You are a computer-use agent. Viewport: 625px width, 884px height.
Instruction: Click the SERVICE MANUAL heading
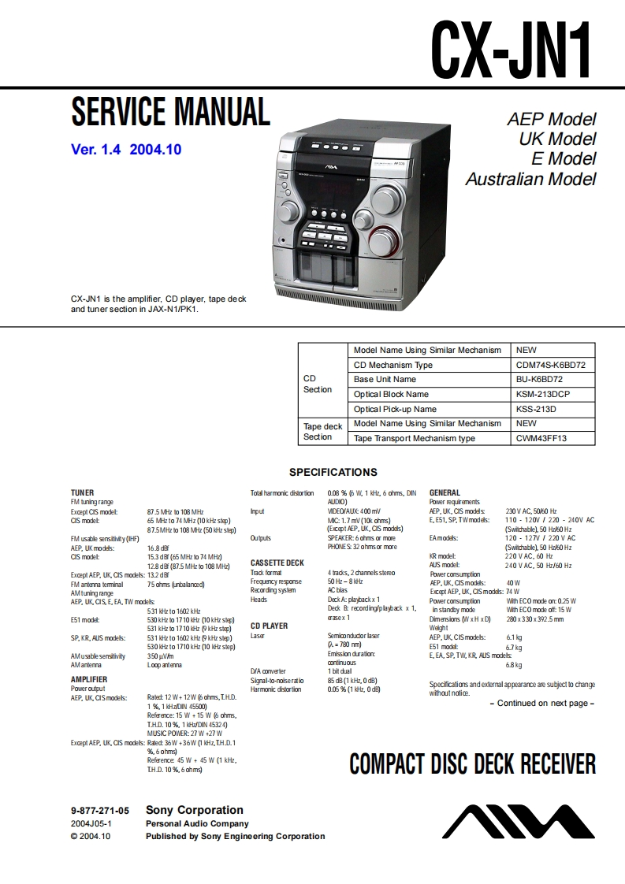click(x=170, y=111)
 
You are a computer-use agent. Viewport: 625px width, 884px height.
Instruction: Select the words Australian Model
click(x=530, y=179)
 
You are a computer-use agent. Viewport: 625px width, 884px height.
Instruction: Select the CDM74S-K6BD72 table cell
click(x=550, y=365)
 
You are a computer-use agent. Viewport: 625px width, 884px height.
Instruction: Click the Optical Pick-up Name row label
click(x=395, y=409)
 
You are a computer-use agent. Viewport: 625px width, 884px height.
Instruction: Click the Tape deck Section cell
click(x=322, y=431)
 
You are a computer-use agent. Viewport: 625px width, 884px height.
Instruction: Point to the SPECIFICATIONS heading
click(x=333, y=473)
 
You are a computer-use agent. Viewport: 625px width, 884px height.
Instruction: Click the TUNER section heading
click(x=82, y=492)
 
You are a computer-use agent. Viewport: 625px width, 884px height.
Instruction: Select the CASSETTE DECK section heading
click(x=277, y=563)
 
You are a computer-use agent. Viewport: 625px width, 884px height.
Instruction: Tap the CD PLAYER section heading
click(x=269, y=626)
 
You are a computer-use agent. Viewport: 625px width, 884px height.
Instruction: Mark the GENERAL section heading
click(x=445, y=492)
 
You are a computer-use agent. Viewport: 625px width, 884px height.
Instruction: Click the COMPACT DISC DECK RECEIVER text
click(x=472, y=764)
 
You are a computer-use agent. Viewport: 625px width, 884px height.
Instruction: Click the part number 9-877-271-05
click(x=99, y=810)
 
